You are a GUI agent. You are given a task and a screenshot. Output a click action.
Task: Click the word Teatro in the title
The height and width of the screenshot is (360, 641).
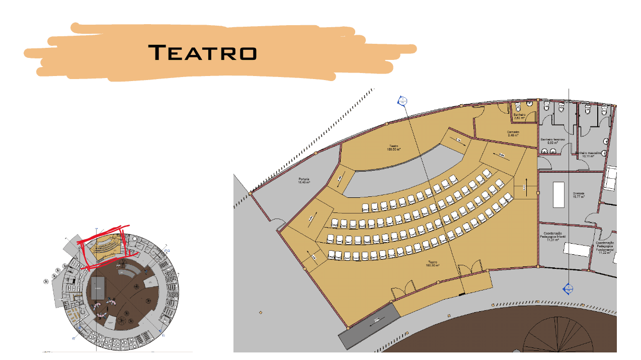pos(203,52)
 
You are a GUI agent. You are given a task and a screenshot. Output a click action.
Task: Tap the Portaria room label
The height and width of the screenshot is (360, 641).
pos(303,181)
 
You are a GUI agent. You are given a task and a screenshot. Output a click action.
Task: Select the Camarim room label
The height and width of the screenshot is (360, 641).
pos(513,133)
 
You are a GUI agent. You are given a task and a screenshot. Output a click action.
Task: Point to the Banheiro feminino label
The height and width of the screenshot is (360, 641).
pos(553,140)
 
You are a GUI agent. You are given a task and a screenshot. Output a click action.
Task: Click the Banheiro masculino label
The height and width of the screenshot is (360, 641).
pos(588,154)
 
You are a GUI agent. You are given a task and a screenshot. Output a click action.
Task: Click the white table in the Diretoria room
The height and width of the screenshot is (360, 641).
pos(559,194)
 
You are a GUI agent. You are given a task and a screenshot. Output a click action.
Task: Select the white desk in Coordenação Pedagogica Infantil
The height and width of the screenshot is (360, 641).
pos(577,249)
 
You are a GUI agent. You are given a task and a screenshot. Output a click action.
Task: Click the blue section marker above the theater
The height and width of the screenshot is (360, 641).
pos(402,101)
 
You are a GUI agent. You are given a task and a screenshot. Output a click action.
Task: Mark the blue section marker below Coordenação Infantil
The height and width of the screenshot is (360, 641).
pos(568,289)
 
